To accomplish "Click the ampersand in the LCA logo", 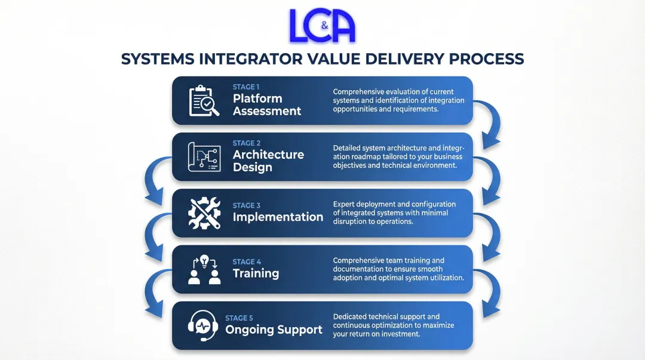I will (324, 26).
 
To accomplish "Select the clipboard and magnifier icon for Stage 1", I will (204, 101).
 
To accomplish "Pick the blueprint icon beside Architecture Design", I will (204, 157).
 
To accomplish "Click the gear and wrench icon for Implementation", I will (204, 214).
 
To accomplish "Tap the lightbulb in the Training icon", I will (204, 261).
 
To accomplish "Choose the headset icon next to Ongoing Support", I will (201, 326).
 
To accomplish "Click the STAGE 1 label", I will (247, 87).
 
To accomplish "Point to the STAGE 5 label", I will (239, 318).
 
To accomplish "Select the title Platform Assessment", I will (267, 105).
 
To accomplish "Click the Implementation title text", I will (278, 217).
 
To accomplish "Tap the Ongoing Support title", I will (274, 330).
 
